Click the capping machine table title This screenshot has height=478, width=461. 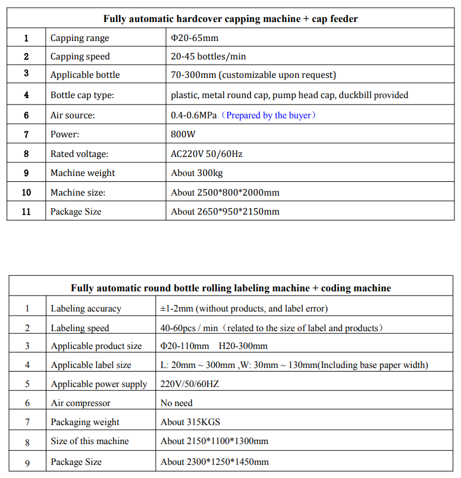(x=230, y=18)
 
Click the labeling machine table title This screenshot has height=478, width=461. (x=231, y=288)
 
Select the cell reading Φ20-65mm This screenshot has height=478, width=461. (x=195, y=38)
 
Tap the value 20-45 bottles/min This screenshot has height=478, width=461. (x=208, y=56)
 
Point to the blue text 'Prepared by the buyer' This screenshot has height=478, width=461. (x=271, y=115)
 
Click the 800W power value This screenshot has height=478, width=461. (x=183, y=134)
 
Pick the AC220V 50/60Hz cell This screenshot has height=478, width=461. (x=206, y=154)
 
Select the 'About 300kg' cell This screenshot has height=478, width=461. (x=197, y=173)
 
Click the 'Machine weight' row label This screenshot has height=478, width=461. (x=83, y=173)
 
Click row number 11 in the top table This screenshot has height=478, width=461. (x=26, y=212)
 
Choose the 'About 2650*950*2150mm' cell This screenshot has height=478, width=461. (x=225, y=212)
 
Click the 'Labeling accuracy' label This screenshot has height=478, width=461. (x=86, y=309)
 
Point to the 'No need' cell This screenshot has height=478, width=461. (x=177, y=403)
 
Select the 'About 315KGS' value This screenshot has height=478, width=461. (x=190, y=422)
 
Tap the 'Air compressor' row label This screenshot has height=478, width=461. (x=80, y=403)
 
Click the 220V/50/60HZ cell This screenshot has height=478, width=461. (x=190, y=384)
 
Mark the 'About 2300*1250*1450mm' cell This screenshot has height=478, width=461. (x=215, y=462)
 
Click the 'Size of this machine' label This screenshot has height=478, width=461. (x=90, y=441)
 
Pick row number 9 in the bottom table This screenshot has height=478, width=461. (x=27, y=462)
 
